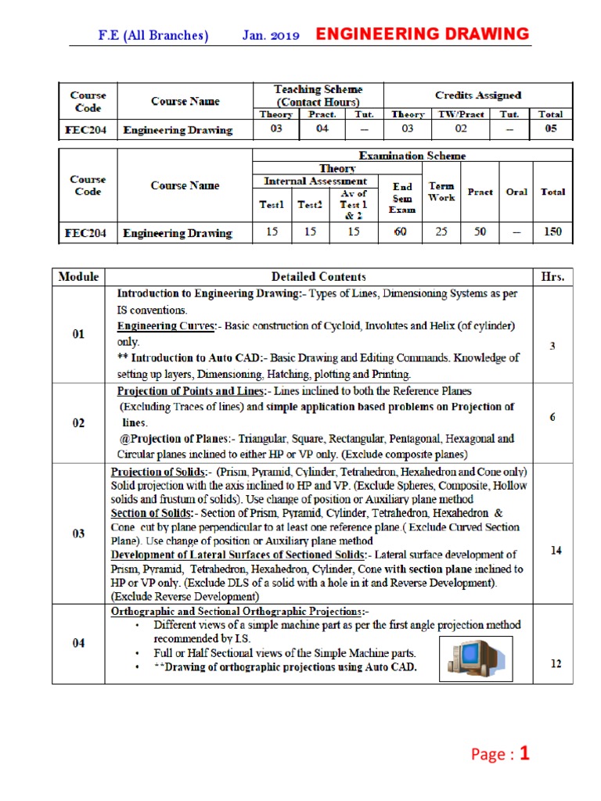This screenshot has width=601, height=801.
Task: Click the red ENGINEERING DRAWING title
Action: click(x=422, y=34)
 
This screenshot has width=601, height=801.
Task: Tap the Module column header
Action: click(x=78, y=276)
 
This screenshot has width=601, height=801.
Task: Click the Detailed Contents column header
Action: click(x=318, y=276)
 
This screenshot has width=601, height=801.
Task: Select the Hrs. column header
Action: click(x=552, y=276)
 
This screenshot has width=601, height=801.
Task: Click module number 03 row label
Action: click(x=78, y=533)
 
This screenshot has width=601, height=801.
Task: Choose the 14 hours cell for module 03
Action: click(x=555, y=551)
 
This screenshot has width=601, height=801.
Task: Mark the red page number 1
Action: click(x=525, y=754)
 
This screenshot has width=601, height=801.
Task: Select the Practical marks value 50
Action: click(x=480, y=232)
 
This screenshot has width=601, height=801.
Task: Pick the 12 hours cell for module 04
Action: click(x=555, y=664)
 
